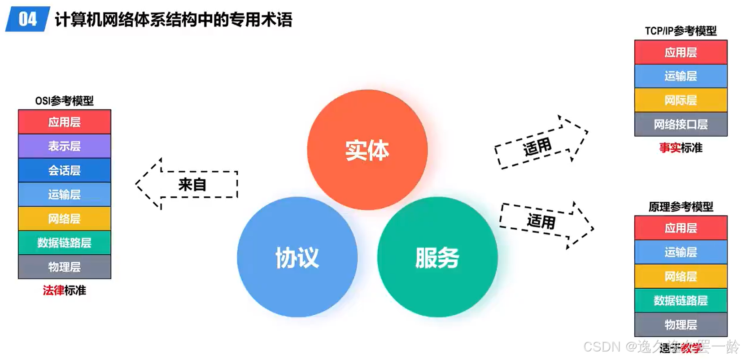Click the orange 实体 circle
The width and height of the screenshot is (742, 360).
[x=367, y=150]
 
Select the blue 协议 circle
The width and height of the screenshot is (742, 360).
[x=297, y=257]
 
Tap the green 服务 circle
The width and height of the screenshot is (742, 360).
[x=437, y=257]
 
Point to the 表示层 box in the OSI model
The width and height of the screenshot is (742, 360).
[x=65, y=146]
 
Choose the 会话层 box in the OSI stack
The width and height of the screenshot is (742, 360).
[x=65, y=170]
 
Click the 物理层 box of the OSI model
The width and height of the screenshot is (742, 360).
[x=65, y=267]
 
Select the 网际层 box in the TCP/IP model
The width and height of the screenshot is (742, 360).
[x=681, y=100]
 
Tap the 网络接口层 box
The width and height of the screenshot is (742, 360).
[x=681, y=124]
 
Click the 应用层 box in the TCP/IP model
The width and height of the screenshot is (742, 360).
[x=681, y=52]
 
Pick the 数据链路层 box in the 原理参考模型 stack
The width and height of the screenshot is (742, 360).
[x=681, y=300]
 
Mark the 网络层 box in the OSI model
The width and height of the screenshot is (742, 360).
[x=65, y=218]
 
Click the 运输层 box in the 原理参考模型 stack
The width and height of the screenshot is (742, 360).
[x=681, y=252]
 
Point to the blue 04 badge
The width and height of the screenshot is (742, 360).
[x=27, y=19]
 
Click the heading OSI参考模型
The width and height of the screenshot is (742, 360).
[x=65, y=101]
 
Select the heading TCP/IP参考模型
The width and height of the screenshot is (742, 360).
[x=681, y=31]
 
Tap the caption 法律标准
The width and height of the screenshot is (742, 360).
[x=65, y=291]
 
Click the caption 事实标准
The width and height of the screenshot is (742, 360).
[x=681, y=148]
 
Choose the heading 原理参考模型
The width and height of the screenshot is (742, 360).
[x=681, y=207]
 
